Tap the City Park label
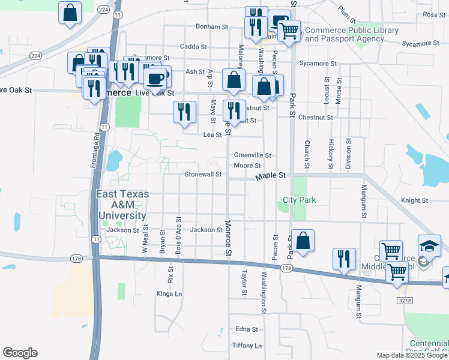click(x=300, y=200)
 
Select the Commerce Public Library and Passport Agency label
click(x=352, y=34)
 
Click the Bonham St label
click(x=212, y=27)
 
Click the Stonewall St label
click(x=203, y=175)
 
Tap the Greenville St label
click(x=253, y=155)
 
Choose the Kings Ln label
click(x=169, y=293)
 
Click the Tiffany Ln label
click(x=247, y=346)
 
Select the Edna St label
click(x=246, y=329)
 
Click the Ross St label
click(x=433, y=14)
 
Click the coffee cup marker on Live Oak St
click(x=155, y=78)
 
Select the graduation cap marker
click(x=430, y=247)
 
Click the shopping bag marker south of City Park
click(x=303, y=241)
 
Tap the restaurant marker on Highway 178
click(x=344, y=259)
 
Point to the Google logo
click(x=20, y=353)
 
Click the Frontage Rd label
click(x=96, y=152)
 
